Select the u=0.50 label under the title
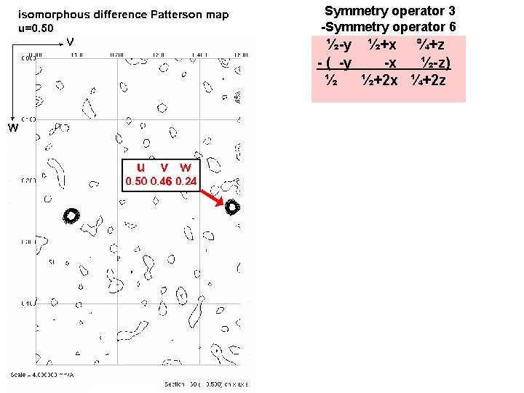(x=36, y=28)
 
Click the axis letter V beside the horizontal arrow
(x=70, y=41)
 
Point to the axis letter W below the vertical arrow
(x=12, y=129)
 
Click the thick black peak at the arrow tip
(x=232, y=207)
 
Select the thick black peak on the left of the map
(x=71, y=215)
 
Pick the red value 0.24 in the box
(x=186, y=181)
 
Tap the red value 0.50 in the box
(x=136, y=181)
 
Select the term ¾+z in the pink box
(x=431, y=46)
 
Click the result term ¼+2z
(x=429, y=80)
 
